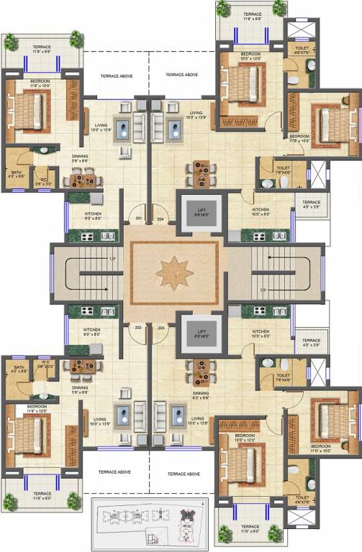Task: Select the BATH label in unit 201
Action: [x=16, y=173]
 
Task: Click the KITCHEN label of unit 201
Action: [x=93, y=215]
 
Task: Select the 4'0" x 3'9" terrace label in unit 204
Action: [x=311, y=206]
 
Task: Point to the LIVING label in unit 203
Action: [x=196, y=418]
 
